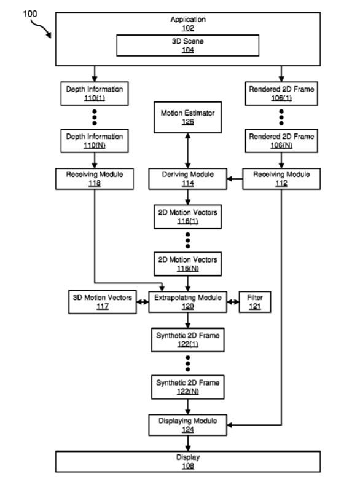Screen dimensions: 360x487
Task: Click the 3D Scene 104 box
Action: tap(188, 46)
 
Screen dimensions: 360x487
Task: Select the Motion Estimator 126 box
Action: tap(188, 117)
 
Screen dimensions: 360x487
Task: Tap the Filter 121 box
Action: tap(255, 302)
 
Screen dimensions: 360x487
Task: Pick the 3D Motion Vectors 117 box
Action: tap(103, 302)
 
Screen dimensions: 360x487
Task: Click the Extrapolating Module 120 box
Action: tap(188, 302)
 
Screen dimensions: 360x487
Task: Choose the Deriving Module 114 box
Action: tap(188, 179)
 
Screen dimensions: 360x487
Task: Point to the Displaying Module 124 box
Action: tap(188, 425)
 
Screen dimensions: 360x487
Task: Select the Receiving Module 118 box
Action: tap(95, 179)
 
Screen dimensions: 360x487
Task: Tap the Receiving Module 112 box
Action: tap(281, 179)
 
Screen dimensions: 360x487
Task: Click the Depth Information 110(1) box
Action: tap(95, 93)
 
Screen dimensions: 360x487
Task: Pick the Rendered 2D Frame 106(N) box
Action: tap(281, 141)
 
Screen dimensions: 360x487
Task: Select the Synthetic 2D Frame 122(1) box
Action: tap(188, 340)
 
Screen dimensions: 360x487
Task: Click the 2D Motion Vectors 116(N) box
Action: tap(188, 264)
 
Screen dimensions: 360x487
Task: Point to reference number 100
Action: tap(29, 14)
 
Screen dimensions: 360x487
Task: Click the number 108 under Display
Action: tap(188, 465)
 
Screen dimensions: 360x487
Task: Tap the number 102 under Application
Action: tap(188, 28)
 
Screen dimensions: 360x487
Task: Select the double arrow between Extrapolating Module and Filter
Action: tap(233, 302)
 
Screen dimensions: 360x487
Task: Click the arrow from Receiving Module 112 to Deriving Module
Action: tap(235, 179)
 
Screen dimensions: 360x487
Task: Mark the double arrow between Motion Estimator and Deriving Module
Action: tap(188, 151)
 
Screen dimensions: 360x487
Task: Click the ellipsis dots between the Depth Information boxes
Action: tap(95, 117)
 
